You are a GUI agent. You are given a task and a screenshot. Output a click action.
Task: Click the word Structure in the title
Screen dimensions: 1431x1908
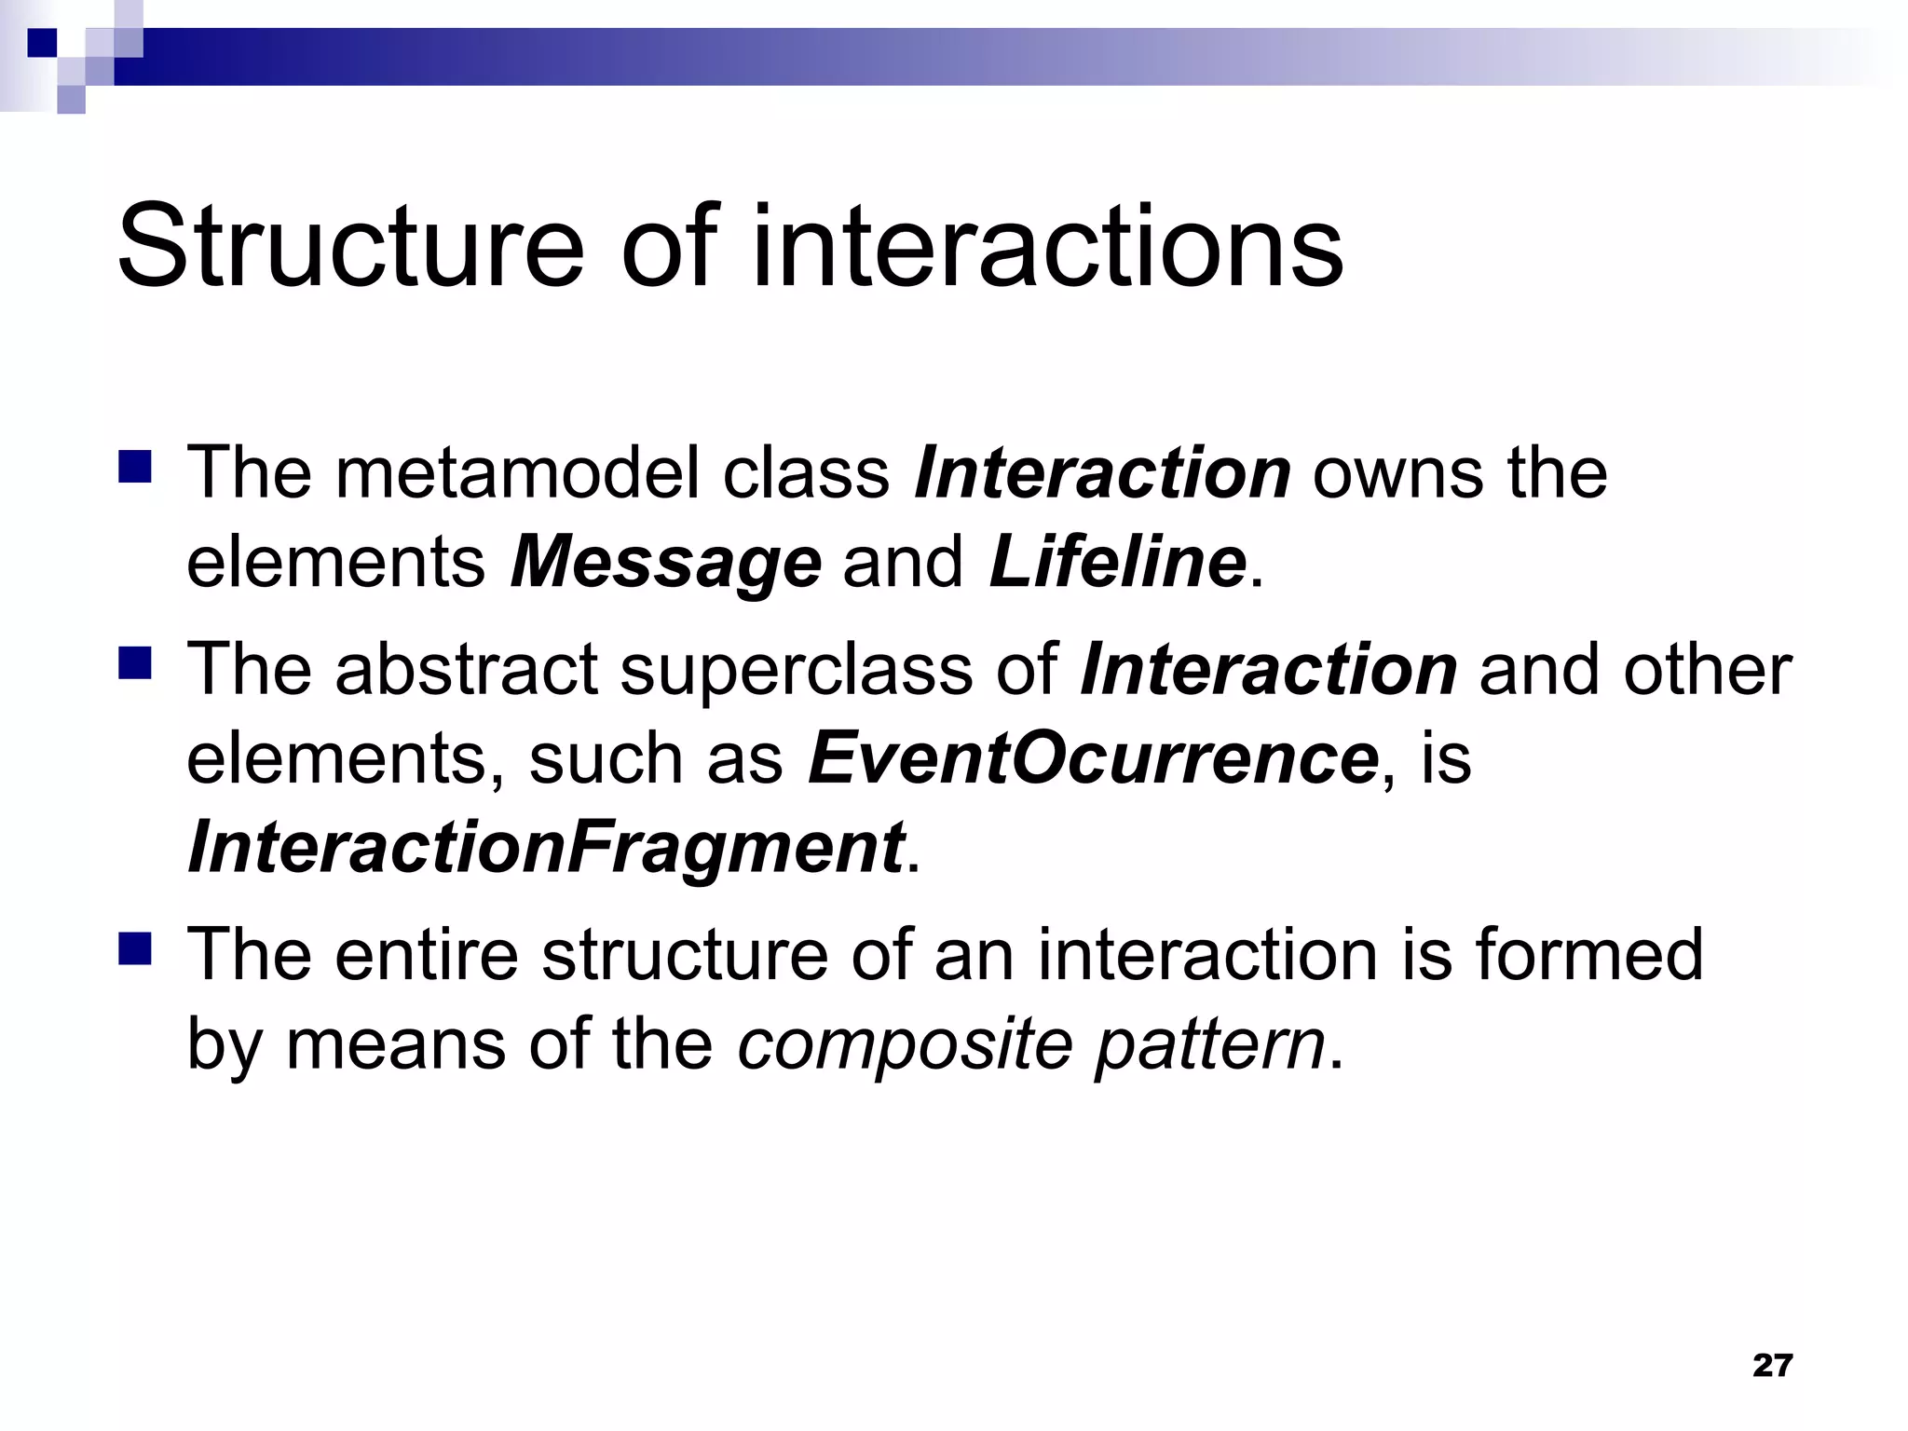point(350,247)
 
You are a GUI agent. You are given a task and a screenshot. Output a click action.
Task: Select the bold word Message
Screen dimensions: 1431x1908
point(665,563)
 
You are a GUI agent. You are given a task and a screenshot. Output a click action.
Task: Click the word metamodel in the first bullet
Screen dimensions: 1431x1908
point(516,473)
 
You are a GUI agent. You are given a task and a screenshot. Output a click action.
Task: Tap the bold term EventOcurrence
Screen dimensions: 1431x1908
point(1093,758)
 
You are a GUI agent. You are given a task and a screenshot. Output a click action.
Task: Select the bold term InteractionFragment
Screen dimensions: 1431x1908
point(546,848)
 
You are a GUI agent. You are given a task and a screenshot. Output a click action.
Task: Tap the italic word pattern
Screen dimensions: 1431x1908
point(1209,1044)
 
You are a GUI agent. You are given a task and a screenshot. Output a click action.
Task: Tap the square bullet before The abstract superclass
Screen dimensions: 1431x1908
point(135,663)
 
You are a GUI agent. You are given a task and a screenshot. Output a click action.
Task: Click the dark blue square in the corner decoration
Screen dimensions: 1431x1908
point(42,43)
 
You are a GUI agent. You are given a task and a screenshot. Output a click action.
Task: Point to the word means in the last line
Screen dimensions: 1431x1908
point(395,1044)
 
